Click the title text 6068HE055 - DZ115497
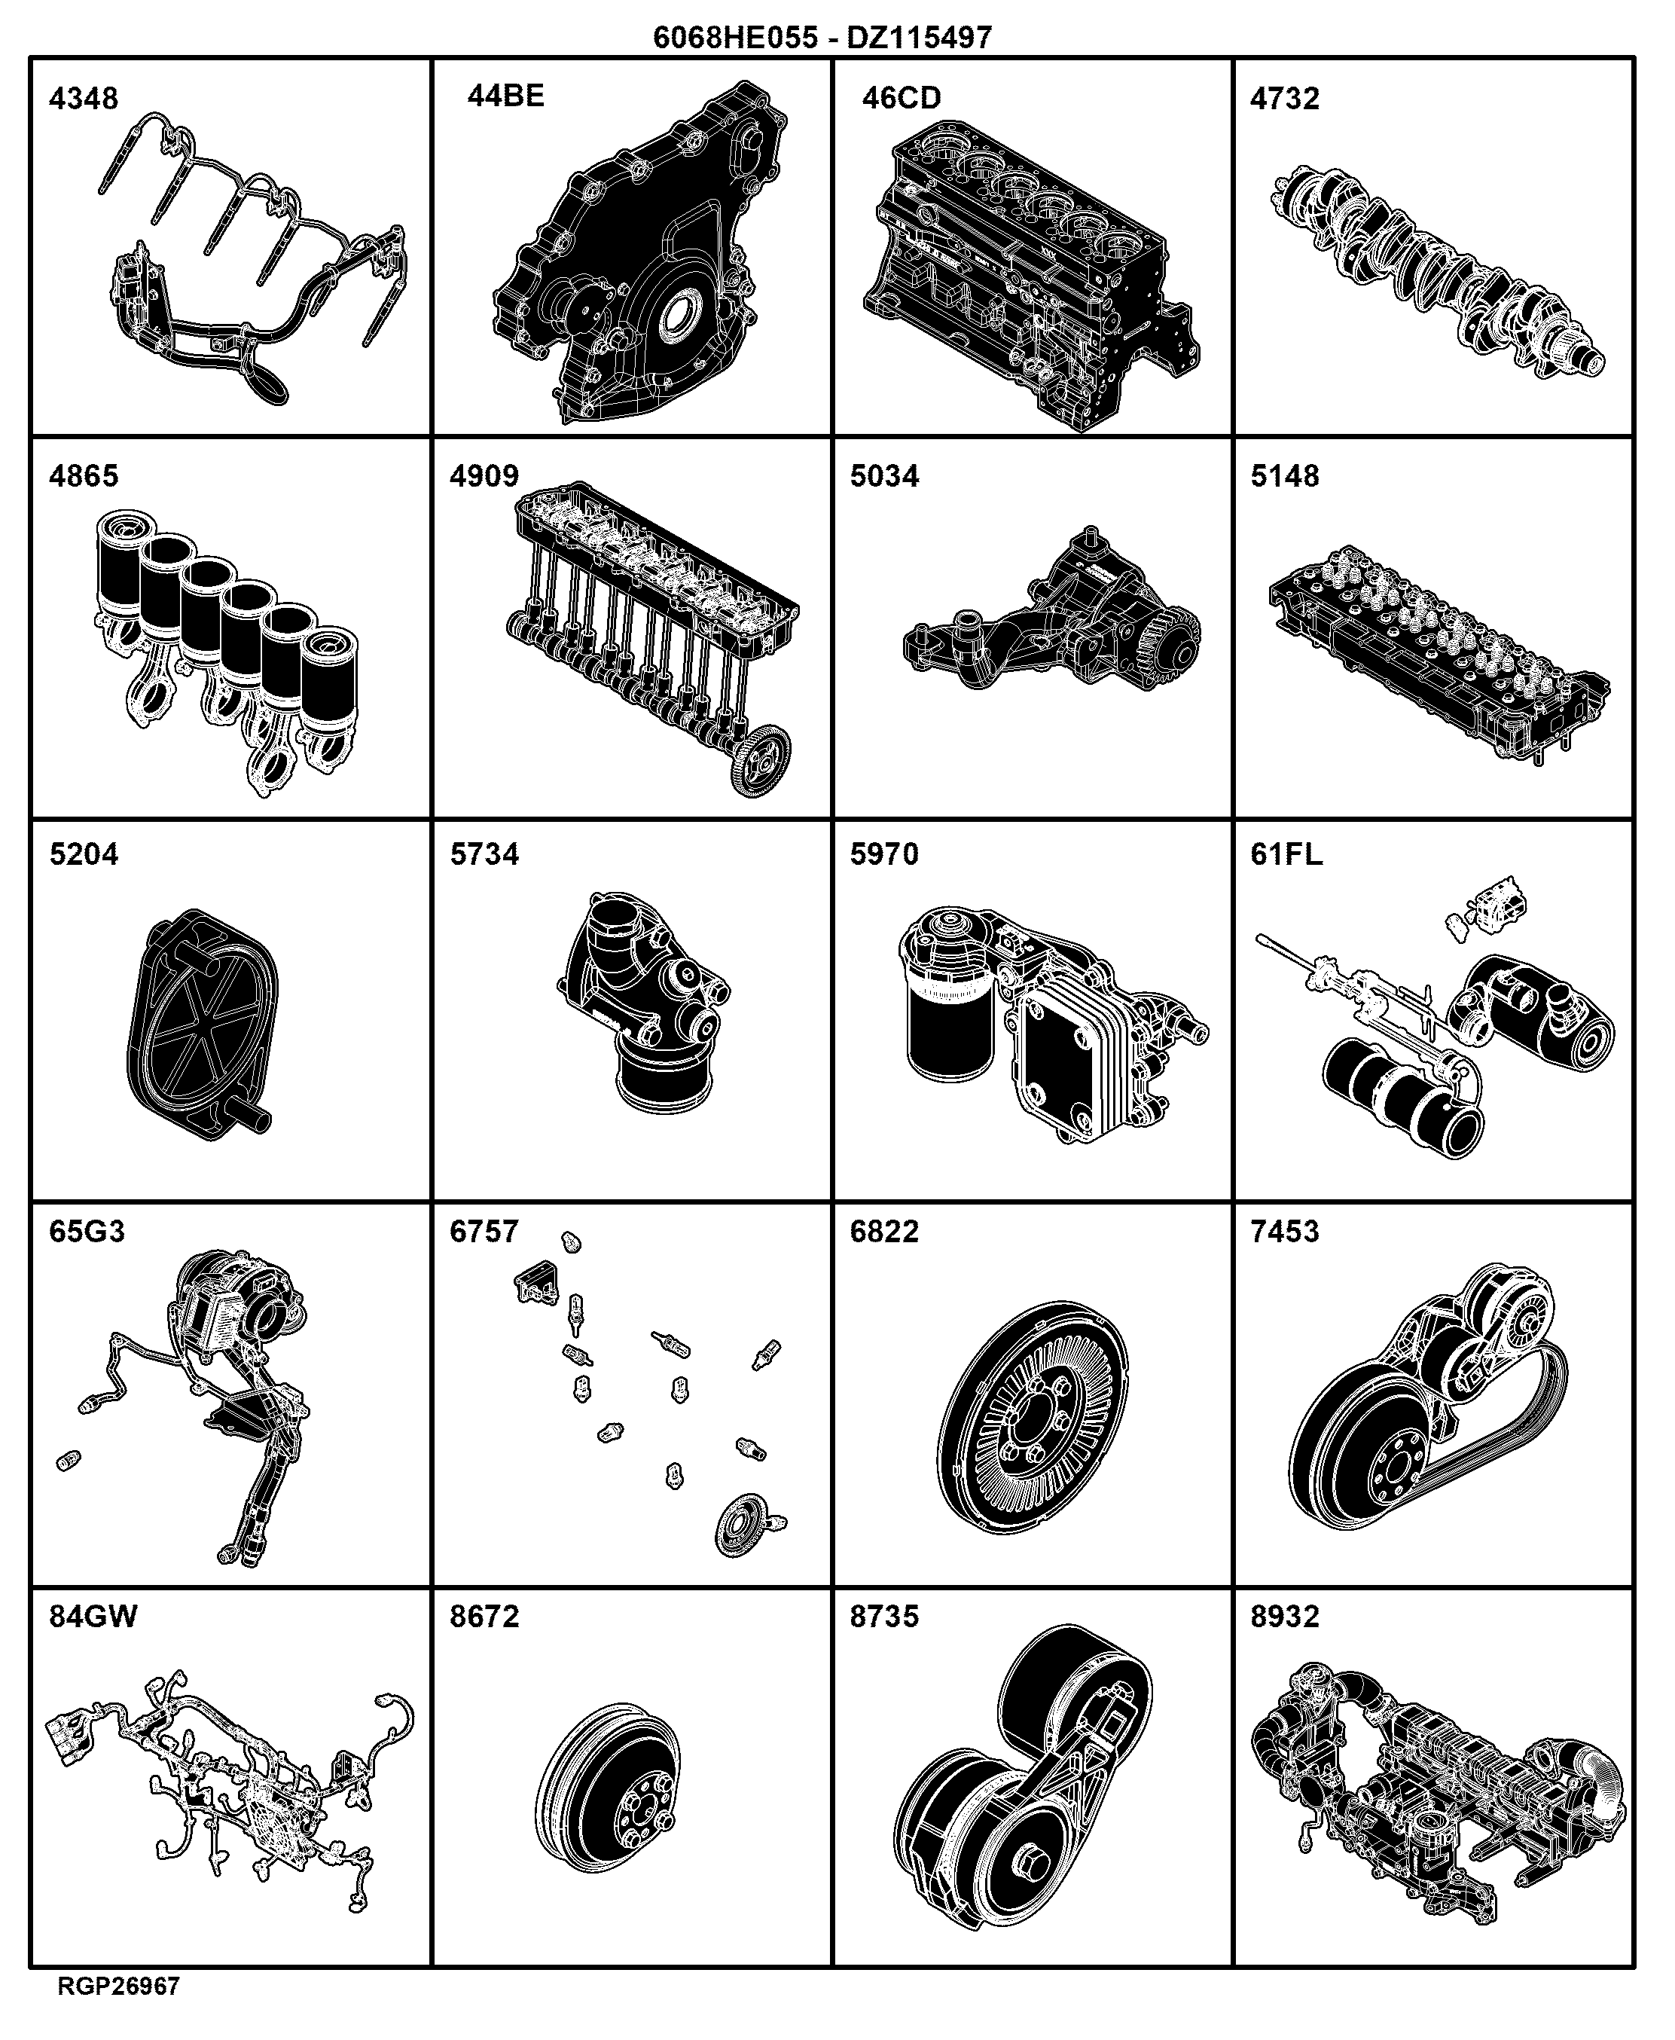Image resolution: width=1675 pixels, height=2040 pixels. [822, 38]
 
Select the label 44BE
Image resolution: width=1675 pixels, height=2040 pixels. [505, 96]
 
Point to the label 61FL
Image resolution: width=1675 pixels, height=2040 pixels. [1286, 854]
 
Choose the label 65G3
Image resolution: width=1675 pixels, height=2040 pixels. [87, 1232]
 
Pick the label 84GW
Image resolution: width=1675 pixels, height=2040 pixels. [93, 1617]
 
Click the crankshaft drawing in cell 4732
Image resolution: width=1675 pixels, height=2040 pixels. [1438, 268]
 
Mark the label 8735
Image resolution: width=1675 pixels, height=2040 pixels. [885, 1617]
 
